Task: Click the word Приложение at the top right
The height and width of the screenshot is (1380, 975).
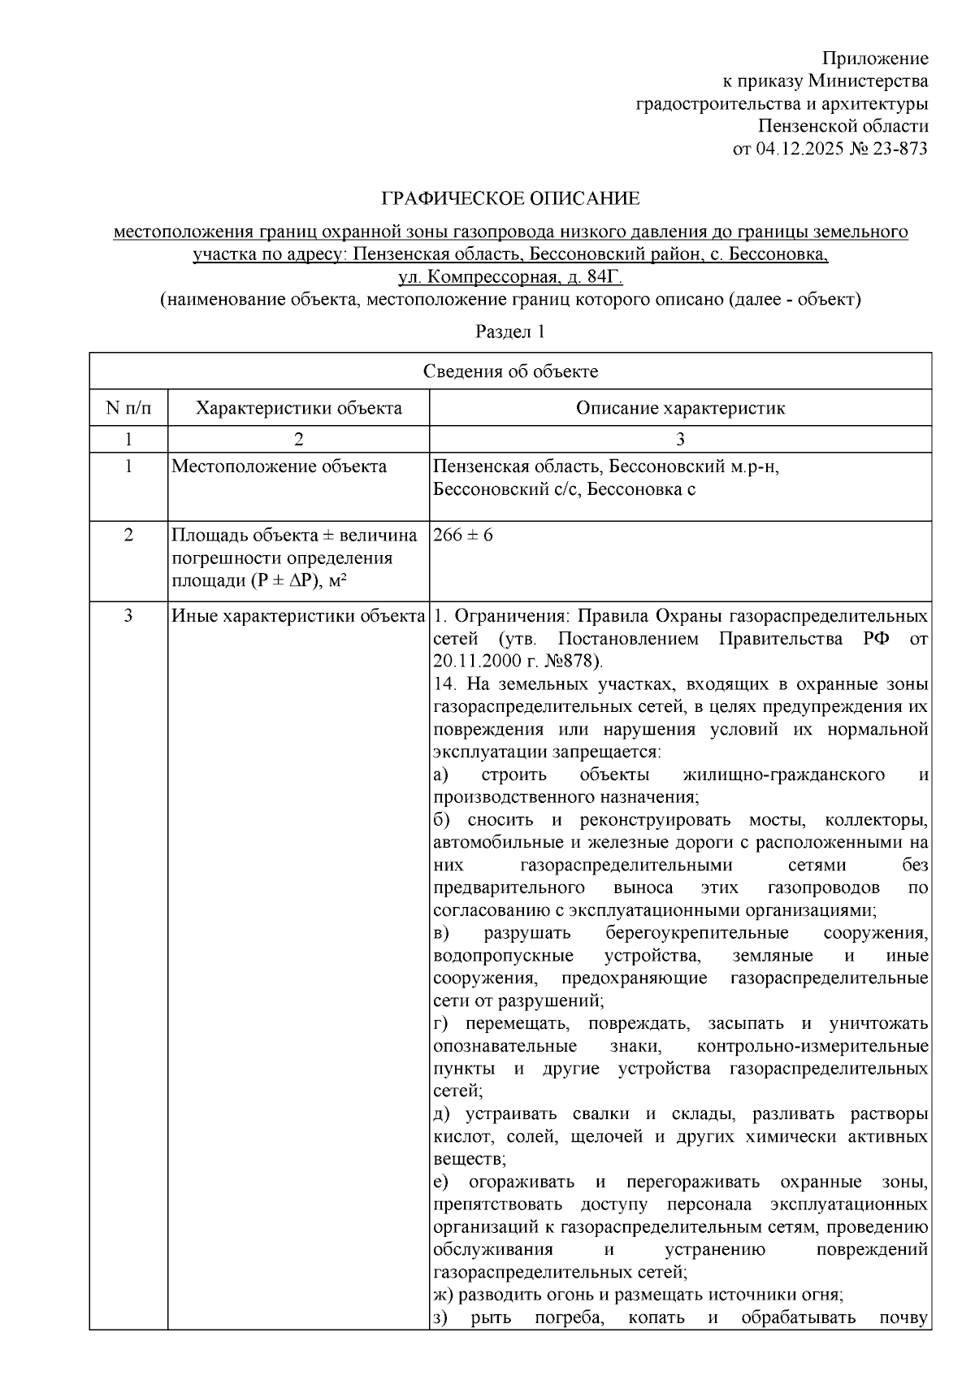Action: [x=875, y=59]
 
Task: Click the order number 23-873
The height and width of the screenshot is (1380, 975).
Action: [x=899, y=149]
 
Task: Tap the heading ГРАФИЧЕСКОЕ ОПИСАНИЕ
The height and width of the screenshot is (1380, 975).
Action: [x=511, y=198]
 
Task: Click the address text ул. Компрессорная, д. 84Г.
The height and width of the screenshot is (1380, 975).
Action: [x=510, y=277]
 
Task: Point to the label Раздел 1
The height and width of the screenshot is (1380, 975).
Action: [x=510, y=332]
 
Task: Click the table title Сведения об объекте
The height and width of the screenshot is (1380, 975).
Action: [x=510, y=371]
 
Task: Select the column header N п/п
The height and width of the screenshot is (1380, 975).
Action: [x=128, y=407]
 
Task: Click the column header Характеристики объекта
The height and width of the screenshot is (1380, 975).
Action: [x=298, y=407]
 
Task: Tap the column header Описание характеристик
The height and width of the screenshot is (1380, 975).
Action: [x=680, y=407]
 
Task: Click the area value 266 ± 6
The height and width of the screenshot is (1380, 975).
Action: [x=463, y=535]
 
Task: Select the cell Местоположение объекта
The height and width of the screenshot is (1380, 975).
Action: [x=279, y=467]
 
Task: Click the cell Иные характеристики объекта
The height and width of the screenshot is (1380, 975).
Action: [x=298, y=615]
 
